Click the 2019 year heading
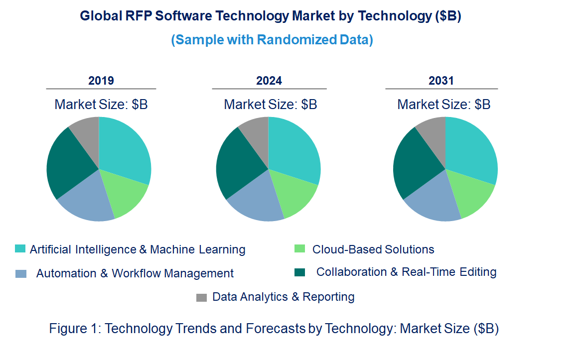click(x=101, y=81)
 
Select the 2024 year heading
click(x=269, y=81)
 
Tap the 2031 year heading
click(x=441, y=81)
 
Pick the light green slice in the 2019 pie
click(x=125, y=194)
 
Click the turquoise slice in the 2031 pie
click(x=471, y=149)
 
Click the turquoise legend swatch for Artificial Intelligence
click(x=20, y=248)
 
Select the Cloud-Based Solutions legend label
click(x=373, y=249)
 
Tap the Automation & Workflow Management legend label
click(x=135, y=273)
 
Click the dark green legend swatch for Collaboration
click(x=299, y=272)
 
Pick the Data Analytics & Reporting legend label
click(x=284, y=297)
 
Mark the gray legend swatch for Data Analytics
click(x=201, y=297)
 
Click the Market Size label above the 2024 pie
click(x=270, y=105)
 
